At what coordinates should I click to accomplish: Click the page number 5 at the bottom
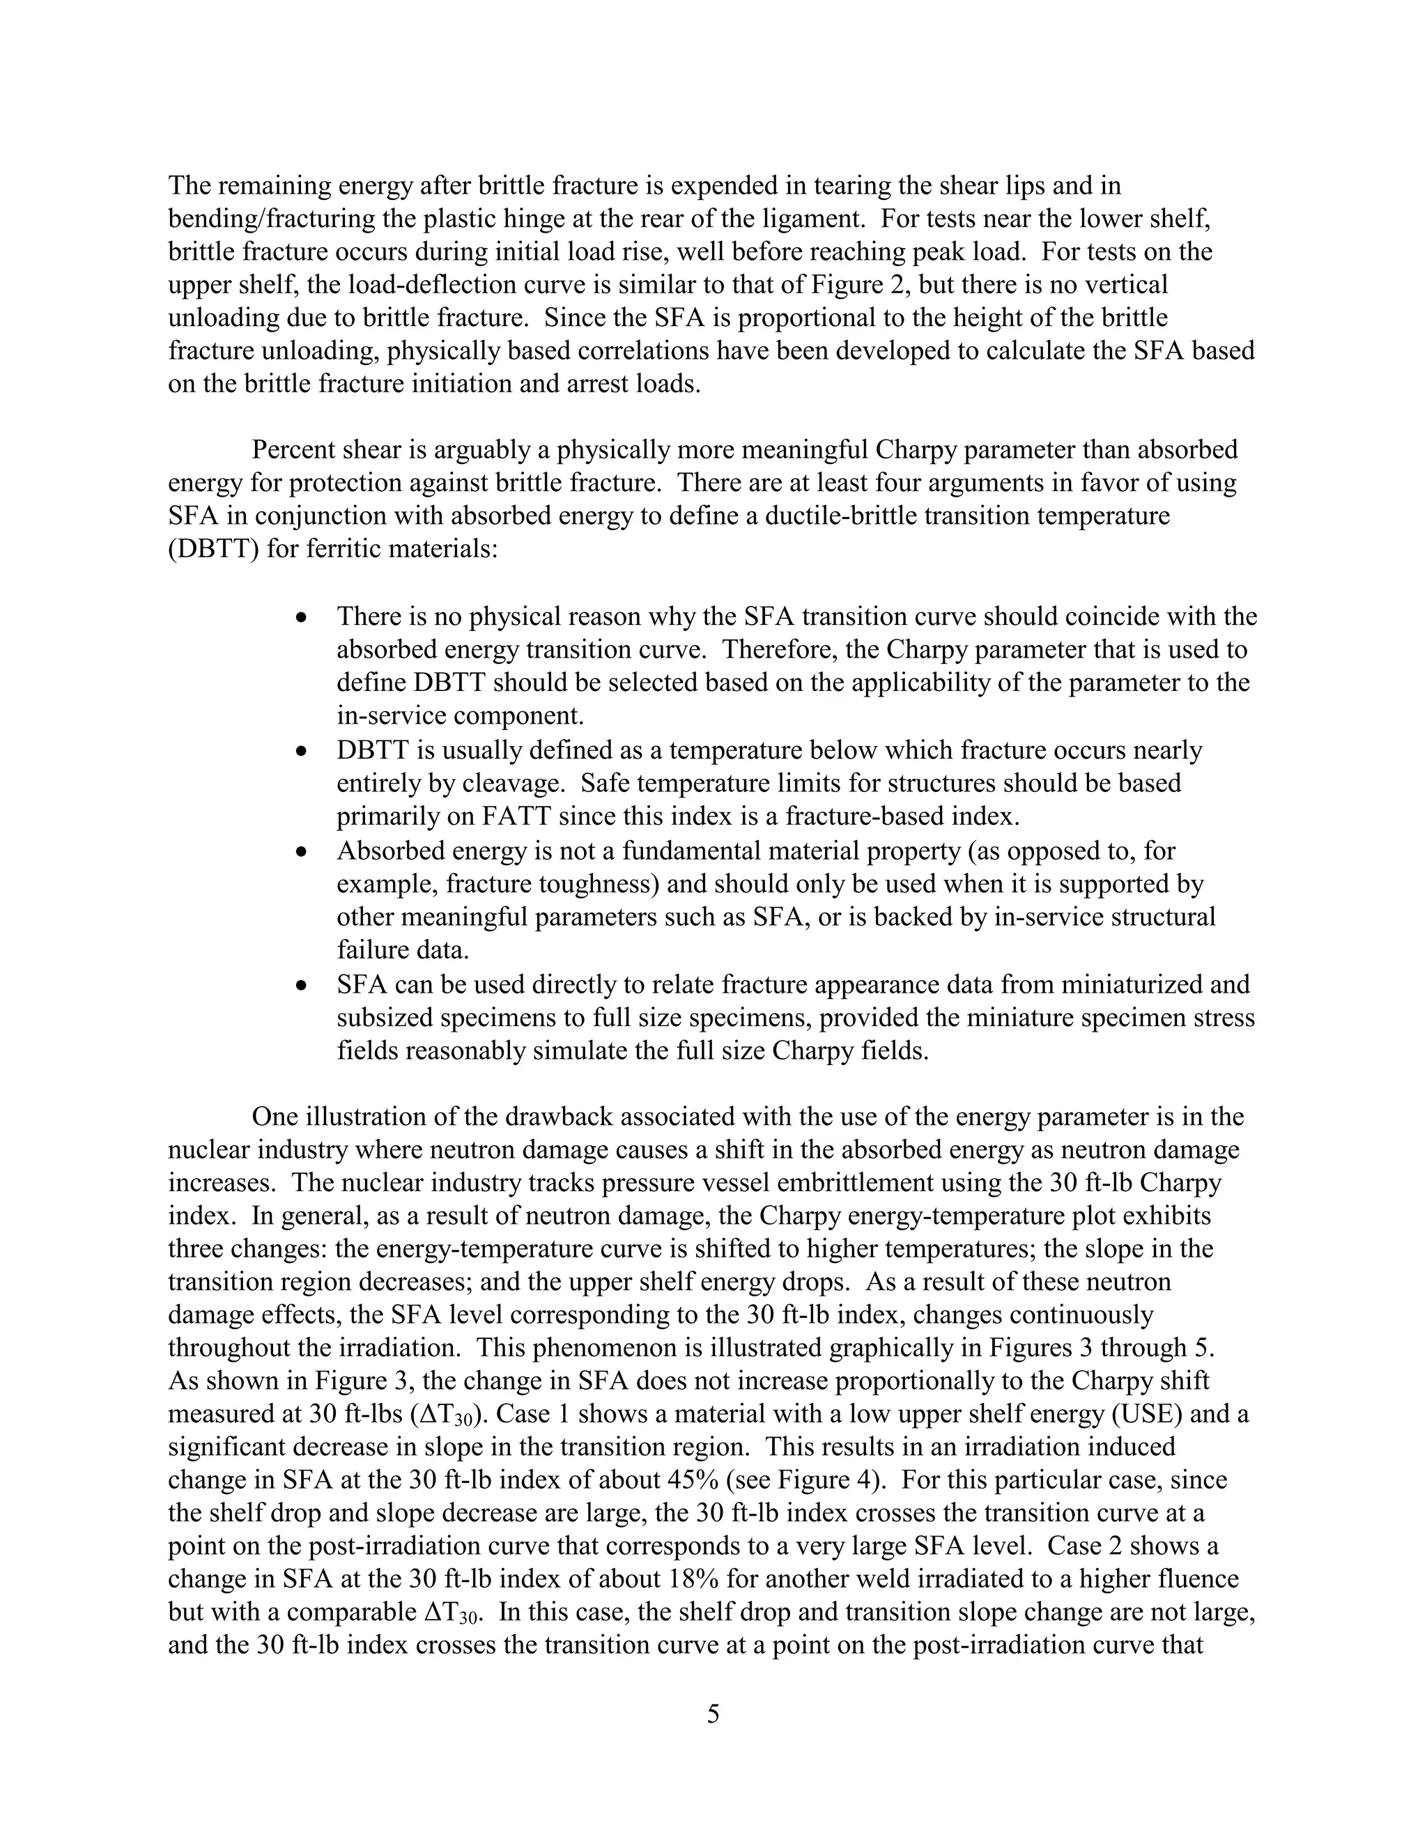[x=713, y=1715]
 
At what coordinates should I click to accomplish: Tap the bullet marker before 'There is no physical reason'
[x=302, y=617]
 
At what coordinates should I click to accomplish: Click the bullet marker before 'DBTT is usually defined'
[x=302, y=750]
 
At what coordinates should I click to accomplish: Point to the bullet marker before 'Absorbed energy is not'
[x=302, y=851]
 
